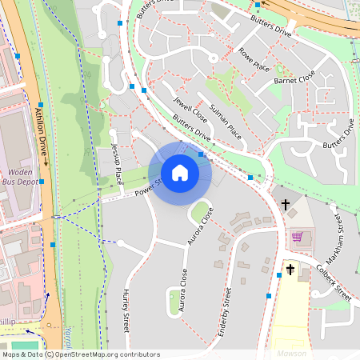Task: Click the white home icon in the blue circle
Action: pyautogui.click(x=180, y=173)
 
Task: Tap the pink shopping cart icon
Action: pyautogui.click(x=298, y=237)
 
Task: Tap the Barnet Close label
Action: pyautogui.click(x=295, y=81)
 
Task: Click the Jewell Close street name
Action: pyautogui.click(x=191, y=110)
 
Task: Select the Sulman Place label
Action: pyautogui.click(x=225, y=118)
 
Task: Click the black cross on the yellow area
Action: pyautogui.click(x=290, y=270)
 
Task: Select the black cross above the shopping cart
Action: pyautogui.click(x=286, y=205)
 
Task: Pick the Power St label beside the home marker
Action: pyautogui.click(x=148, y=187)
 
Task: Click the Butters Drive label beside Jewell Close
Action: pyautogui.click(x=191, y=130)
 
